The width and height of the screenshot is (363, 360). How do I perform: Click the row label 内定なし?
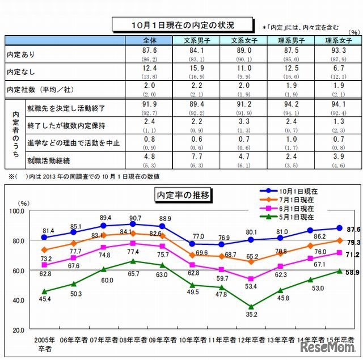pyautogui.click(x=21, y=73)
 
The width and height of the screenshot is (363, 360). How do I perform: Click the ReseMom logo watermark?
pyautogui.click(x=326, y=346)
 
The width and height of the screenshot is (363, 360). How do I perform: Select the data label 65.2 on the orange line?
pyautogui.click(x=251, y=256)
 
